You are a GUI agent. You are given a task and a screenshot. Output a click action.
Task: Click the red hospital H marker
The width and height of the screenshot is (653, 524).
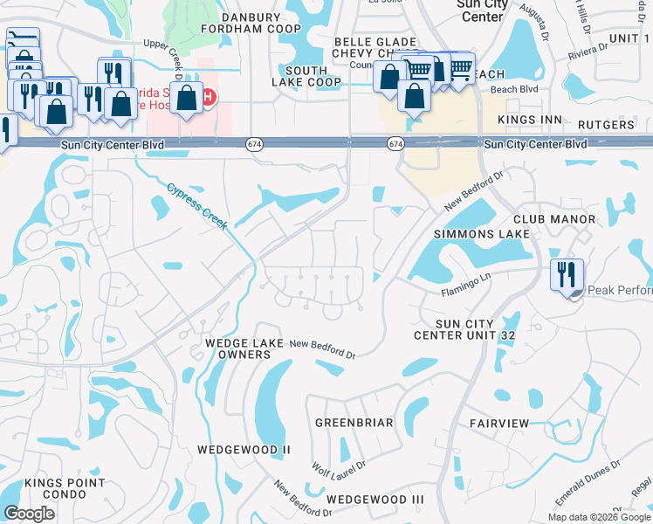coord(210,97)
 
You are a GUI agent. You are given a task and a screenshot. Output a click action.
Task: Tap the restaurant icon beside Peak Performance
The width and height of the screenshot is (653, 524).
coord(567,274)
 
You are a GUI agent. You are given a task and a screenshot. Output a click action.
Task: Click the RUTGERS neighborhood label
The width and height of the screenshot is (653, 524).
coord(606,125)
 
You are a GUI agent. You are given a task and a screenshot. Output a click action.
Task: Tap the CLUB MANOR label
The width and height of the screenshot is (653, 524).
coord(554,219)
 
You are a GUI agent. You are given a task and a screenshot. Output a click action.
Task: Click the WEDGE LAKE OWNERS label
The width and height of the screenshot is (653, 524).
coord(244,349)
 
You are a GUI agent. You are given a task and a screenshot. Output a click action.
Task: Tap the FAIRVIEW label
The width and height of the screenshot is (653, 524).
coord(499,423)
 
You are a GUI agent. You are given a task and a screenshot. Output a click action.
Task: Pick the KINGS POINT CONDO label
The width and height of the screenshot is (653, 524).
coord(65,488)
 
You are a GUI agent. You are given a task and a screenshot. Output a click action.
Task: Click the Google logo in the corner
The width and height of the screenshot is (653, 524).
coord(29,514)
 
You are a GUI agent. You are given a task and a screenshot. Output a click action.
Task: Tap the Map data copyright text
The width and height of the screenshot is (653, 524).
coord(599,517)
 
